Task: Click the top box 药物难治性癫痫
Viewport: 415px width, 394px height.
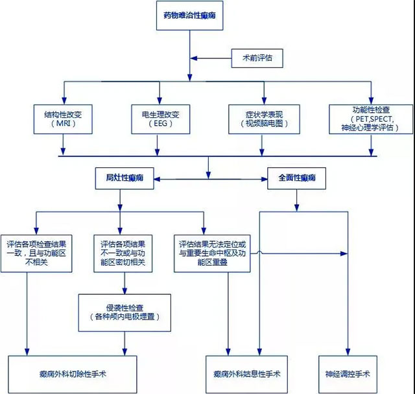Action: coord(190,17)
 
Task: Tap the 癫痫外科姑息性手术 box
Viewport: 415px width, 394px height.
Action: coord(246,374)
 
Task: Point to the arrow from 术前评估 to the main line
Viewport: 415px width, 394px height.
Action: coord(211,58)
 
